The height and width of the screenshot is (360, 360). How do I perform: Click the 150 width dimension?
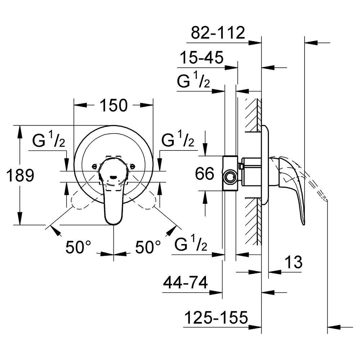click(114, 105)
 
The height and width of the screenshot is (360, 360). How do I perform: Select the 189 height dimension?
click(20, 175)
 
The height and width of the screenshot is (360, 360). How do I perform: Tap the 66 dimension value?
click(204, 174)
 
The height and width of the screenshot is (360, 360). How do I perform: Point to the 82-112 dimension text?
click(218, 33)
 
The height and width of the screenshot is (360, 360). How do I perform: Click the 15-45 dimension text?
click(202, 57)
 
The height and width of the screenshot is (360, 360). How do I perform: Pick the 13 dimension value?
click(293, 262)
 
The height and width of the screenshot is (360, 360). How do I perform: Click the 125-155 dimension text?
click(216, 318)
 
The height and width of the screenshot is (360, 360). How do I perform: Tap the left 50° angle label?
click(78, 247)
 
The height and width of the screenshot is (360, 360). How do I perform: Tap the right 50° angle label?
click(148, 247)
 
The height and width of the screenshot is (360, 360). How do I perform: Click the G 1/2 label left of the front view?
click(49, 139)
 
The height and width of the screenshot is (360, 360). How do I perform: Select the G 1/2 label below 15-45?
click(193, 80)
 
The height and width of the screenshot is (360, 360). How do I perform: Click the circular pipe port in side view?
click(230, 177)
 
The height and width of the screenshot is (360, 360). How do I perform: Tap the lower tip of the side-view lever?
click(304, 224)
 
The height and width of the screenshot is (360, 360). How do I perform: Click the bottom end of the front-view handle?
click(113, 224)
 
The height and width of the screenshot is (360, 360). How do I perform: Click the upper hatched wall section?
click(253, 115)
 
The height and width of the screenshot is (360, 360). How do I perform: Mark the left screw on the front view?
click(94, 166)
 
